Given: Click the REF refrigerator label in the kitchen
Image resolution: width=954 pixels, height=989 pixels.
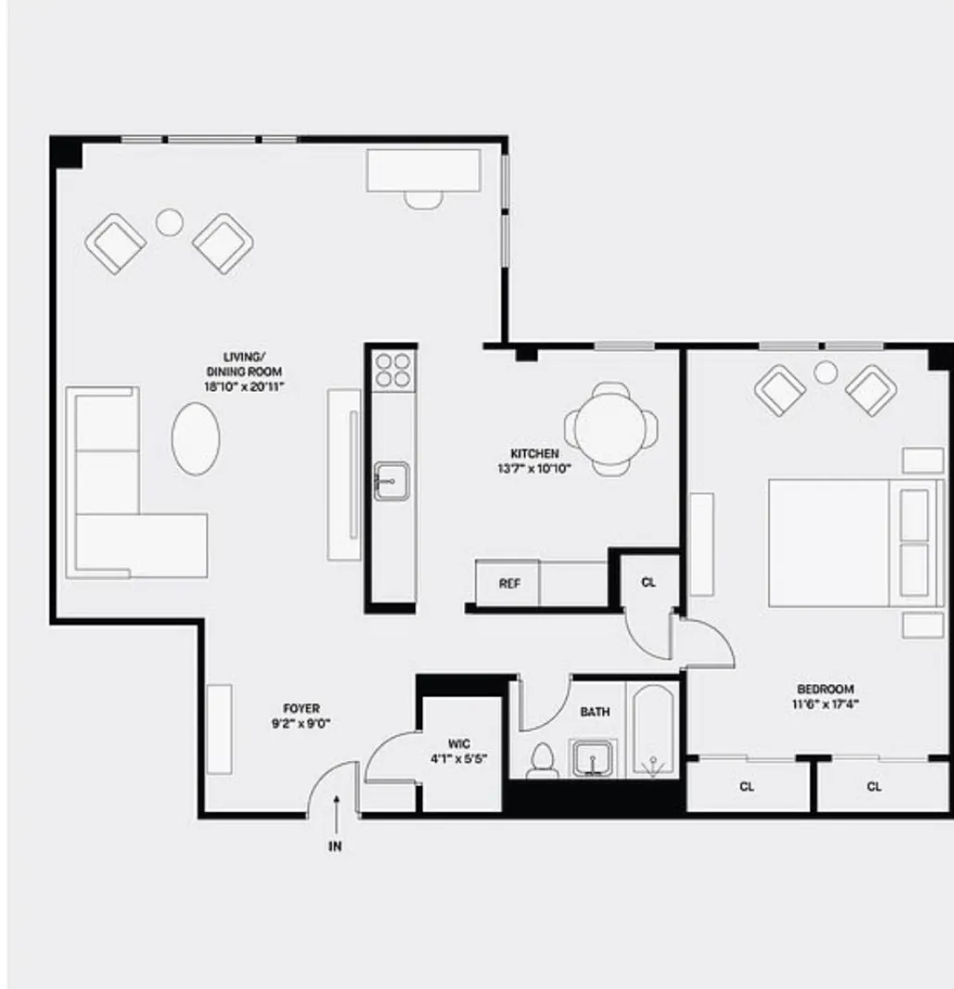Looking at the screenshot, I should point(508,584).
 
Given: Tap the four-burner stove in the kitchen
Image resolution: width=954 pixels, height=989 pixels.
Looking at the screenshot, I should point(393,369).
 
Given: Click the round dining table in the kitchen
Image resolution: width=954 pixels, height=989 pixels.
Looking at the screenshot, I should point(610,429).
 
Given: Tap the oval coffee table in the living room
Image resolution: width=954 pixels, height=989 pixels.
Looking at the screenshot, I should point(196,438).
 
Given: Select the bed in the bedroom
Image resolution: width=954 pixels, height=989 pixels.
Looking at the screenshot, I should point(834,543).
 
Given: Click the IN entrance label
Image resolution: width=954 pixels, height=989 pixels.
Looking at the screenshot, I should point(335,846).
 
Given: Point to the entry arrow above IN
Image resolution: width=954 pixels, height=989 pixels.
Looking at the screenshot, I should point(336,808).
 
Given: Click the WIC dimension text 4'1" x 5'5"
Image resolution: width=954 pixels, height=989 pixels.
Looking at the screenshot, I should point(458,758).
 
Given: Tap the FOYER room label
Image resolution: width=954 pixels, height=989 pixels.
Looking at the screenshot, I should point(302,709).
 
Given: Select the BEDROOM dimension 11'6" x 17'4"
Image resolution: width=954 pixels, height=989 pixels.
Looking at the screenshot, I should point(825,704).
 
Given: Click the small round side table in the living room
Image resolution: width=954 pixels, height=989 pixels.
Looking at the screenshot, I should point(169,221).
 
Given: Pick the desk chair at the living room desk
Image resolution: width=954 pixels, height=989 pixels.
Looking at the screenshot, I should point(424,197).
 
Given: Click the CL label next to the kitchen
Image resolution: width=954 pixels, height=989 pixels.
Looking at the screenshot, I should point(648,583).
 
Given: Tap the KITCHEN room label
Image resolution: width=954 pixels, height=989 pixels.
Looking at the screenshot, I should point(534,454).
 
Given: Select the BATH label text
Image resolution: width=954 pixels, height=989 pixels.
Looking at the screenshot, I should point(595,712).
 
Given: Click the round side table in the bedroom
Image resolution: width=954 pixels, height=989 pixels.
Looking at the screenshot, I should point(825,372).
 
